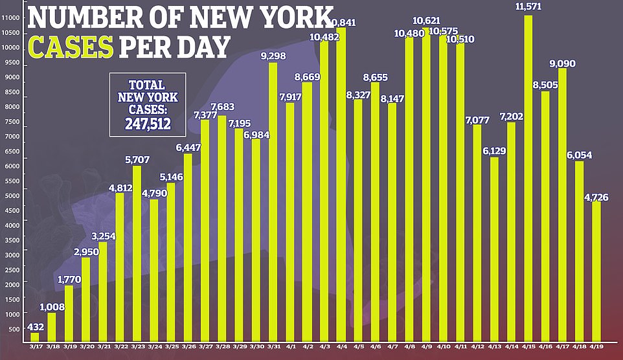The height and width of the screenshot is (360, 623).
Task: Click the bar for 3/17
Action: (x=35, y=337)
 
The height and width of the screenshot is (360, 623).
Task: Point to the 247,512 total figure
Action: (x=148, y=122)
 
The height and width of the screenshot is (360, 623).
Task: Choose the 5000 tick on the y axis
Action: (x=14, y=195)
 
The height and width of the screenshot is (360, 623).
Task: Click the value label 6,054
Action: (x=580, y=155)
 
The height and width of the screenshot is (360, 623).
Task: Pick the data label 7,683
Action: (x=222, y=107)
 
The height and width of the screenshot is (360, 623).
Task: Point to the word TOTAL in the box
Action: (x=148, y=84)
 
